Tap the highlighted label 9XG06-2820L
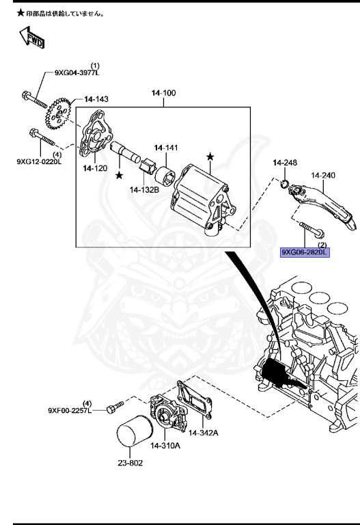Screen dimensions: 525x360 [x=305, y=252]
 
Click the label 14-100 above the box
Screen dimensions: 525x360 [x=163, y=92]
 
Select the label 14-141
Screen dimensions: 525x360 [x=165, y=148]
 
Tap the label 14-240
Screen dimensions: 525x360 [x=323, y=176]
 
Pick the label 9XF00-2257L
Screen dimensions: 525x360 [x=69, y=411]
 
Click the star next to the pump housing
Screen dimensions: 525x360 [x=210, y=158]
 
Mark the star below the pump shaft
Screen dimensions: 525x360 [x=120, y=176]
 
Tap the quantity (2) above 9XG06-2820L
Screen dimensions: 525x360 [x=301, y=244]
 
